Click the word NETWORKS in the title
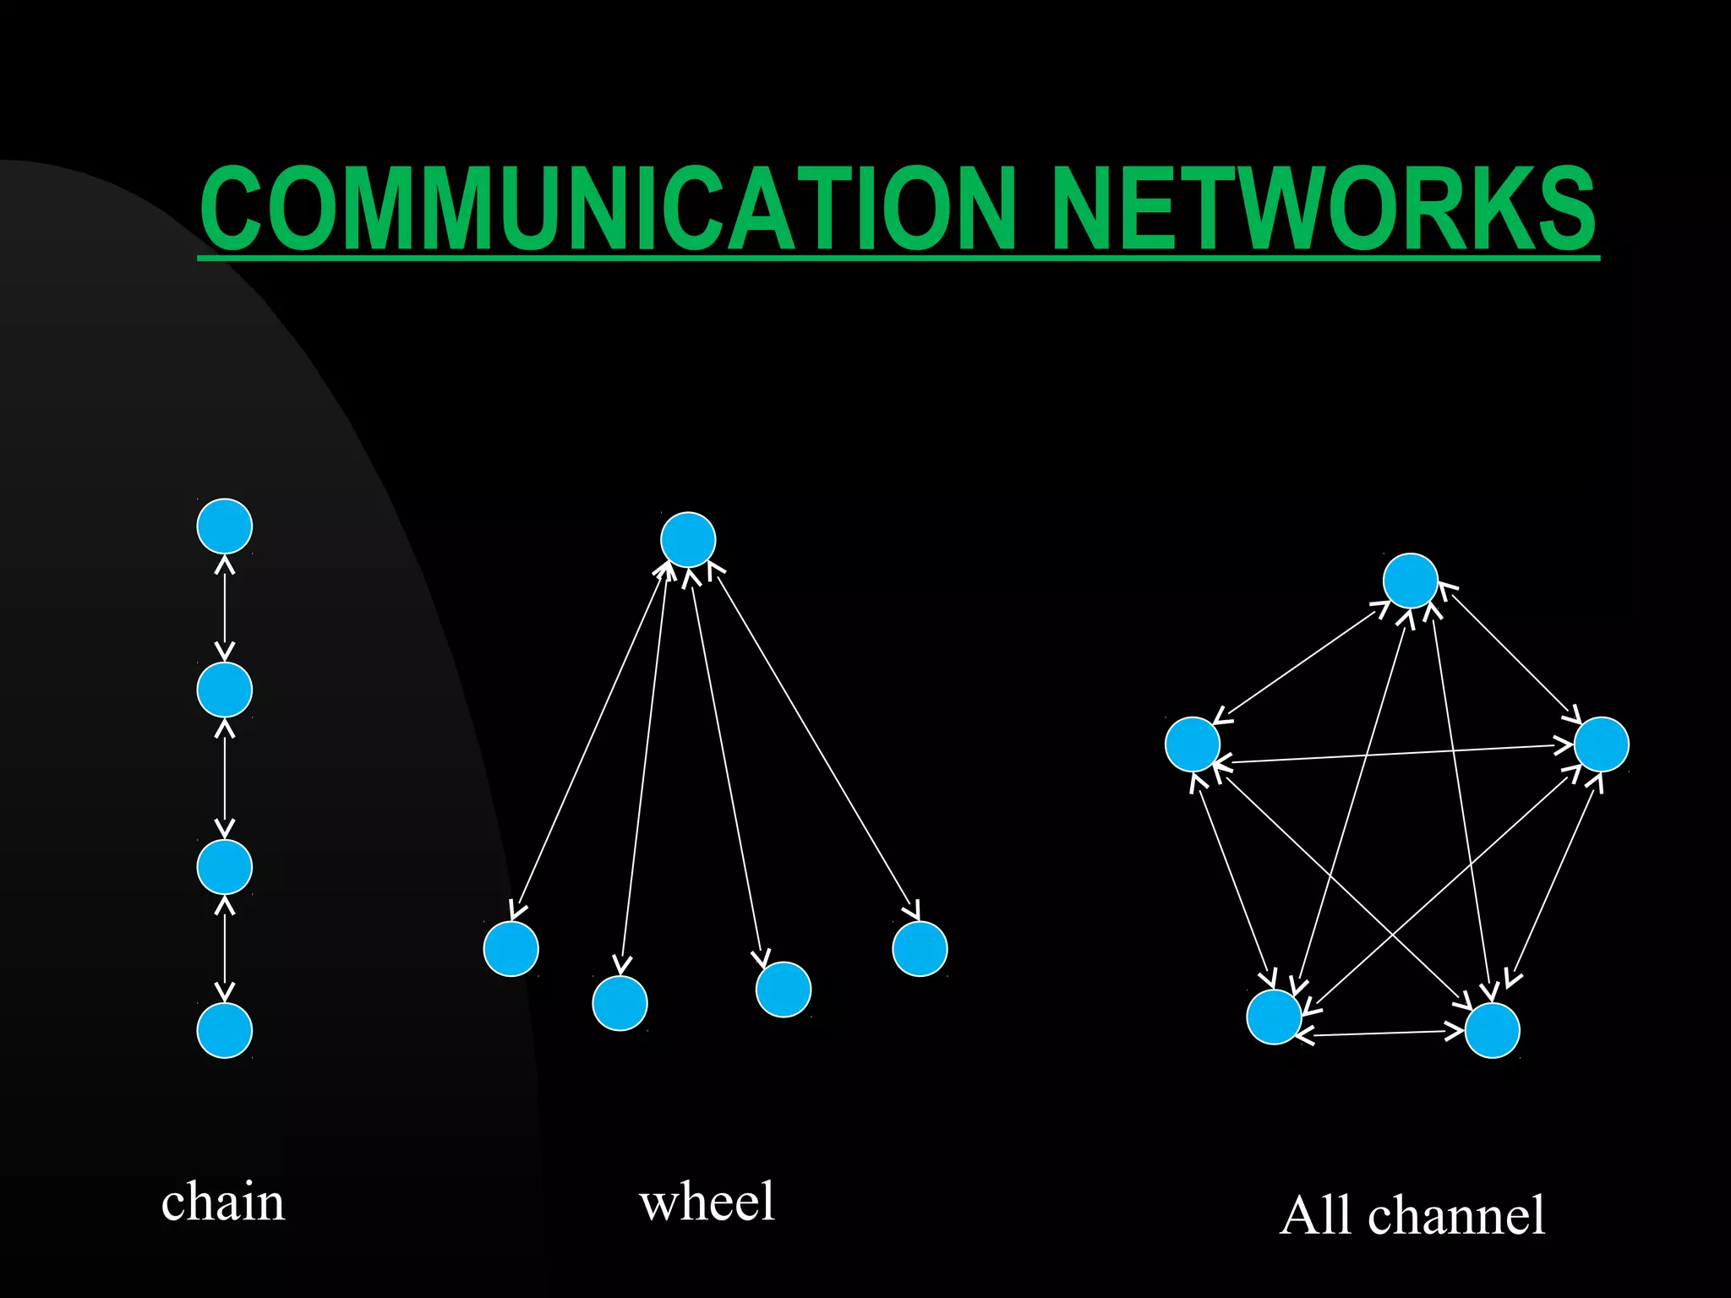click(x=1323, y=209)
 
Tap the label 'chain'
click(x=223, y=1202)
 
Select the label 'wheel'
click(x=707, y=1202)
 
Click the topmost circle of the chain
click(x=225, y=526)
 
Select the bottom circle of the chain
click(x=225, y=1030)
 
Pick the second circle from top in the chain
click(x=225, y=690)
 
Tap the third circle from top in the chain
click(x=225, y=866)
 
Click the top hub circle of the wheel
click(x=688, y=539)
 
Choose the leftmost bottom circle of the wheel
click(x=511, y=948)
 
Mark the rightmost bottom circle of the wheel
click(x=920, y=948)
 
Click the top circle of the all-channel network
click(x=1411, y=581)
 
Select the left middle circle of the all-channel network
click(x=1193, y=744)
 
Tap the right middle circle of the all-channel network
click(x=1602, y=744)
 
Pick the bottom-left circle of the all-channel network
click(x=1275, y=1017)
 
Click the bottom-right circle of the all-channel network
click(x=1493, y=1030)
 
